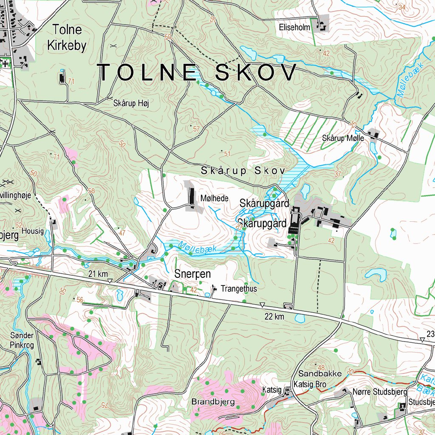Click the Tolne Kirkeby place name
(67, 38)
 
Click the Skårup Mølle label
(343, 138)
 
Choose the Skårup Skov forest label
(242, 171)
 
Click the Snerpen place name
(192, 274)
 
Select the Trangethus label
(239, 289)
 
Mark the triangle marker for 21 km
(110, 281)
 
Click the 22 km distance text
(274, 316)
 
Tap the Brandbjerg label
(213, 401)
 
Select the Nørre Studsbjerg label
(380, 392)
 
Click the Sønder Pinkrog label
(22, 340)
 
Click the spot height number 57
(196, 129)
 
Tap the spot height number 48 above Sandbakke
(321, 367)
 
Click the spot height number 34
(402, 7)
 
